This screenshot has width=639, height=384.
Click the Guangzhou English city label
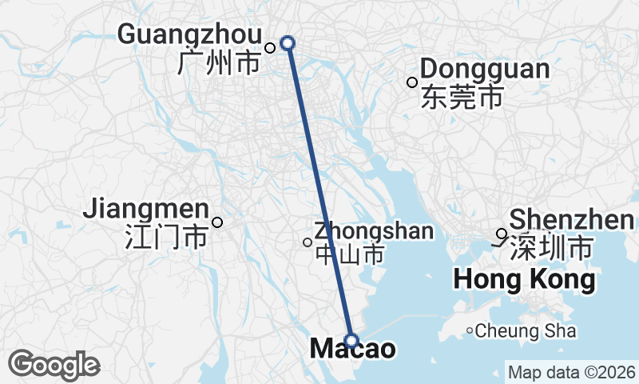189,34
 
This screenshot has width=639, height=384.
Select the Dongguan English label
485,69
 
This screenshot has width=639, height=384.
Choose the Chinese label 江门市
166,237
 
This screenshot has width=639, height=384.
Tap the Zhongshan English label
375,231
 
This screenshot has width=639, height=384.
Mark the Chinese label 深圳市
550,247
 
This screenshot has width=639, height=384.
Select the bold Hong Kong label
524,280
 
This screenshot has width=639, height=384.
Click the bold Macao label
351,350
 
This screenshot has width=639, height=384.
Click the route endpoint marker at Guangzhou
288,43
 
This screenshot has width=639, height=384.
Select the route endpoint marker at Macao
351,340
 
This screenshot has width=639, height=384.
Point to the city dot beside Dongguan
412,82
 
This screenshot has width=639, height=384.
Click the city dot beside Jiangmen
216,222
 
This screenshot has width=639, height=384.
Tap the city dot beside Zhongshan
308,242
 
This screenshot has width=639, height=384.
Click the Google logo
54,365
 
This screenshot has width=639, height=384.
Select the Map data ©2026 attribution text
572,372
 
